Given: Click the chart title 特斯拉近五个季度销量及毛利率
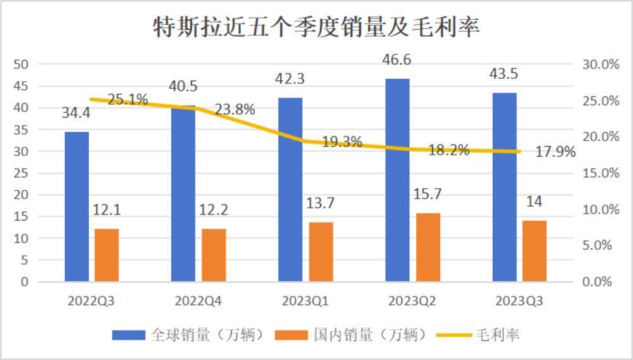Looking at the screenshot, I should coord(316,27).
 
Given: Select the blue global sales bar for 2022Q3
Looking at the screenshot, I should coord(77,206).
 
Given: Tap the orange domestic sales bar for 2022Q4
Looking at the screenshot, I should coord(214,254).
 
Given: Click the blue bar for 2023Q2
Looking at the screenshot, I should coord(398,180).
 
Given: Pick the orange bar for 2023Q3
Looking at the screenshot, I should coord(534,251).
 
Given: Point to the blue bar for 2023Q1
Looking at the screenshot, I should coord(290,189).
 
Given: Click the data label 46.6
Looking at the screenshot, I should coord(398,61).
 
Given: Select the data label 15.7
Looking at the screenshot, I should coord(428,195).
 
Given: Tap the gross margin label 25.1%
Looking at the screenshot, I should coord(127,99).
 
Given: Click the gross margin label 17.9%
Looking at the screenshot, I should coord(555,152).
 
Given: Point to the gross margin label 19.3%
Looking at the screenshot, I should coord(342,142).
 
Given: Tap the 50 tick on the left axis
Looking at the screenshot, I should coord(22,65).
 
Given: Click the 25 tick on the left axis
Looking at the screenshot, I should coord(22,173).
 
